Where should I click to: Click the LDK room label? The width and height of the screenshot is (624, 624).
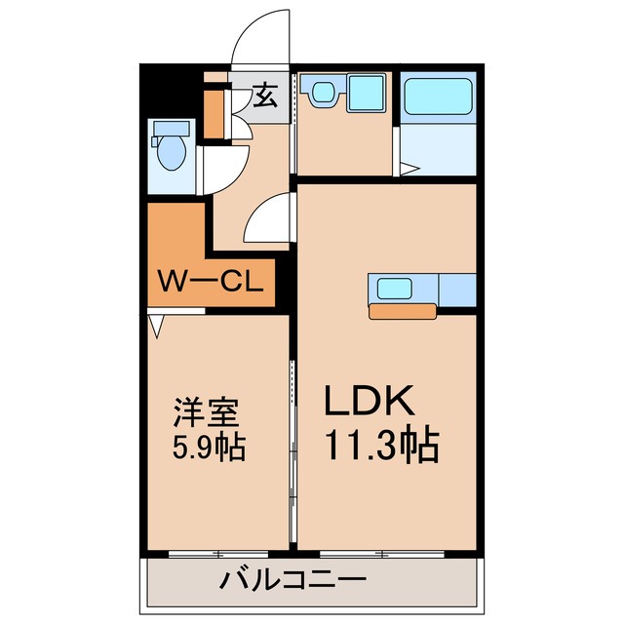(x=370, y=402)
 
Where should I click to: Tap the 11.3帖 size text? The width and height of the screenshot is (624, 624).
(x=381, y=446)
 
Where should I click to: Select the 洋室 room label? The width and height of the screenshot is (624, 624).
(x=204, y=413)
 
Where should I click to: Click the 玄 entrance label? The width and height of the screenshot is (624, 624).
(x=264, y=96)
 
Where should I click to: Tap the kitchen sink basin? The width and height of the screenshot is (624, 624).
(x=396, y=289)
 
